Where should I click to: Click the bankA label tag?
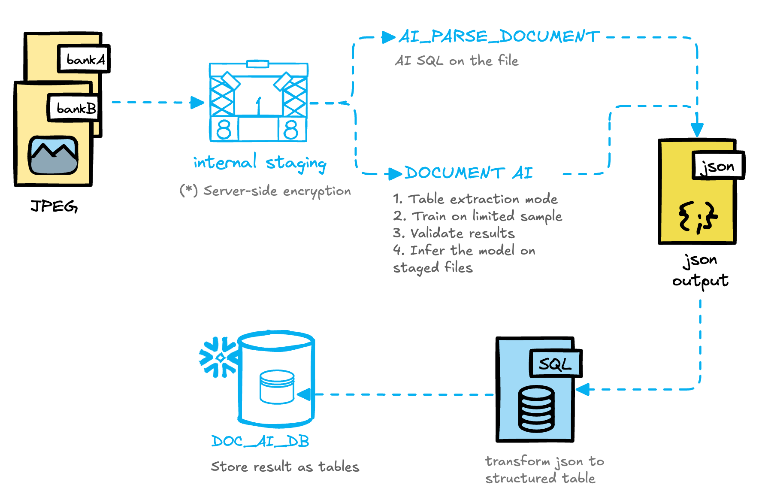pyautogui.click(x=84, y=59)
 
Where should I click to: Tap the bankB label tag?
pyautogui.click(x=74, y=108)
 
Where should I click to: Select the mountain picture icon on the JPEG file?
pyautogui.click(x=53, y=155)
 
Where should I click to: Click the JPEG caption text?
pyautogui.click(x=54, y=206)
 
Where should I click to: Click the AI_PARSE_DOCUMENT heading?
pyautogui.click(x=499, y=37)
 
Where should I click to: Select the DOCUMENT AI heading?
pyautogui.click(x=469, y=173)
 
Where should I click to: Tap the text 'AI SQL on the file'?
pyautogui.click(x=457, y=61)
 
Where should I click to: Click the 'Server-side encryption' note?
pyautogui.click(x=265, y=191)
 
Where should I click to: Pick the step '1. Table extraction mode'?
pyautogui.click(x=475, y=199)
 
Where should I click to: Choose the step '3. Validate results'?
pyautogui.click(x=454, y=233)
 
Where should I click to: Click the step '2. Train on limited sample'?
pyautogui.click(x=477, y=216)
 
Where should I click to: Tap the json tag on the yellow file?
pyautogui.click(x=717, y=166)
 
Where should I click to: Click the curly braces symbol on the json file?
pyautogui.click(x=698, y=217)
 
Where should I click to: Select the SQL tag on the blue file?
pyautogui.click(x=555, y=364)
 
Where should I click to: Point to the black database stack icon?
pyautogui.click(x=536, y=409)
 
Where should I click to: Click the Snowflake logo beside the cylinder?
pyautogui.click(x=219, y=358)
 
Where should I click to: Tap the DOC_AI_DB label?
pyautogui.click(x=260, y=441)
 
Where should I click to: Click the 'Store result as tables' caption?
pyautogui.click(x=285, y=467)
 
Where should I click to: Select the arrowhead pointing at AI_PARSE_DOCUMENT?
pyautogui.click(x=389, y=37)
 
